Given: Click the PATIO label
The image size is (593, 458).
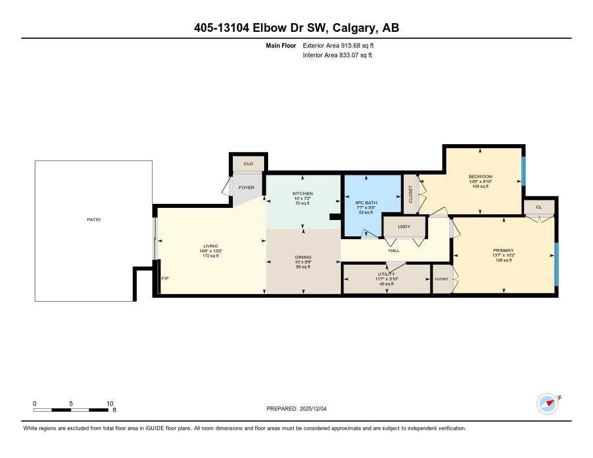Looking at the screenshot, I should [94, 219].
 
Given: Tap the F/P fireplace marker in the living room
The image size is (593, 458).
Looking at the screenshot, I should [165, 279].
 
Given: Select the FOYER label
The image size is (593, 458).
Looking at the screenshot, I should [246, 188].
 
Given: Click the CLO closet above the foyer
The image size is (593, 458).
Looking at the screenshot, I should [248, 164].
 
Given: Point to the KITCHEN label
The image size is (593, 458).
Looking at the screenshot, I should [302, 193].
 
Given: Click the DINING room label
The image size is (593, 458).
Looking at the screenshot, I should [303, 257].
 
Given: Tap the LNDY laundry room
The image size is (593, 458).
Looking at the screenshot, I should [404, 226].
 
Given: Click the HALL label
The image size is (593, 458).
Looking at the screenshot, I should [394, 251].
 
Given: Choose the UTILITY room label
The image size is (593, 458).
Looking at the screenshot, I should [386, 274].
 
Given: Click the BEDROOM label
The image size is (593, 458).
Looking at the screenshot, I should [480, 177].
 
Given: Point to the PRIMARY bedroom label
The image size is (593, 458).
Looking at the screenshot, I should [503, 251].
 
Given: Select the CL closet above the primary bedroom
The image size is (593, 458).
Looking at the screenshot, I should [539, 207].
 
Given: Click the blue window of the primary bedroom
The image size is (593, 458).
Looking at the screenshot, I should [557, 264].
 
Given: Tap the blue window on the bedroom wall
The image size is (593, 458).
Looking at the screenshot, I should [523, 171].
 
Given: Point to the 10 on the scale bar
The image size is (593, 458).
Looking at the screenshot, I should [110, 404].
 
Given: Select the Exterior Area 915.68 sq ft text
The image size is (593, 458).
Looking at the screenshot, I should [342, 45].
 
